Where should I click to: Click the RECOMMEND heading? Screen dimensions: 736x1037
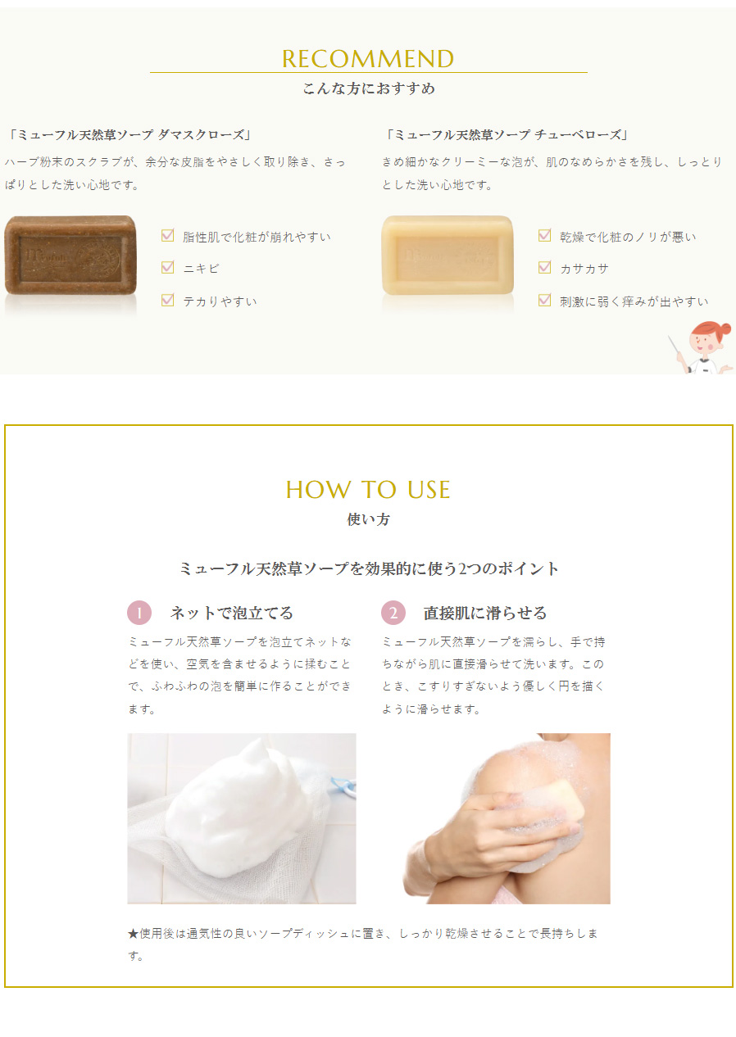point(368,59)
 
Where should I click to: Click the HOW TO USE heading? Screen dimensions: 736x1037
point(368,490)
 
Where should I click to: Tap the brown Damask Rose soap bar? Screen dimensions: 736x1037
point(70,255)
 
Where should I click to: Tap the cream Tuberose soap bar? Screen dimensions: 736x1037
point(448,255)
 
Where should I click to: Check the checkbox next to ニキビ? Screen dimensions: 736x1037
point(168,268)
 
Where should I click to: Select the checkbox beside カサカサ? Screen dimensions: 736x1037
point(545,268)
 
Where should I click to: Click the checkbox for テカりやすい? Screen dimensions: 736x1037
point(168,300)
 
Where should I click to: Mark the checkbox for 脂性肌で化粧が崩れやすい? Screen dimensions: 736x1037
point(168,236)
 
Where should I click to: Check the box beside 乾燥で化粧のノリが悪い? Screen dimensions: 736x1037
point(545,236)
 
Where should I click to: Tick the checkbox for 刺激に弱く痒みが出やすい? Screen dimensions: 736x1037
point(545,300)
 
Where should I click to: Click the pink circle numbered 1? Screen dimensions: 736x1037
point(139,613)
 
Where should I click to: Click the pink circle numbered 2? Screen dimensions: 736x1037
point(393,613)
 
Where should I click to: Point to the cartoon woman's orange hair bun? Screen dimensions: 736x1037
point(724,329)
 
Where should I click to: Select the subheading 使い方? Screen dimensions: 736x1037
point(368,519)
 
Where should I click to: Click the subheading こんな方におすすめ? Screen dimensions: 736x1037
point(369,88)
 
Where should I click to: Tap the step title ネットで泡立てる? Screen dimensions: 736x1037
point(232,613)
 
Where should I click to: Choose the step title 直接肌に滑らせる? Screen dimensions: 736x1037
point(485,613)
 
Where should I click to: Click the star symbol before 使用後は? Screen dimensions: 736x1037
point(134,934)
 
